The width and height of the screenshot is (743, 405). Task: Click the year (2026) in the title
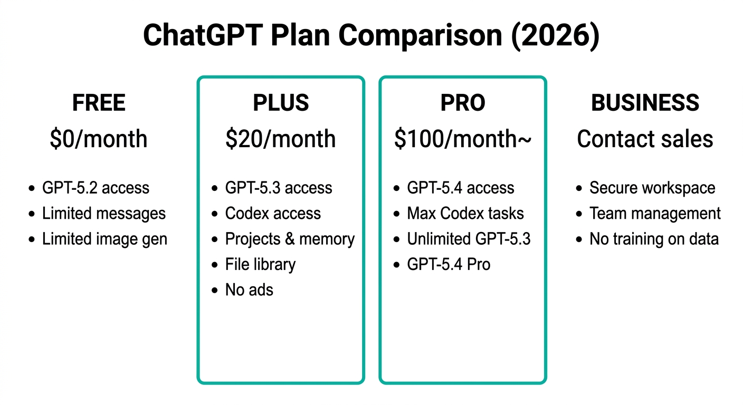click(555, 35)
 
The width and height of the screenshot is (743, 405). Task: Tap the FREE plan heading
click(99, 103)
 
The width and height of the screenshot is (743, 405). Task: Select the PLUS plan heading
click(281, 103)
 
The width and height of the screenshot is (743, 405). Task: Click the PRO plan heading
click(463, 103)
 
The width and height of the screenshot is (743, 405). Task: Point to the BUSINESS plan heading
click(645, 103)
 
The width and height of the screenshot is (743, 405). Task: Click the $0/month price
click(99, 139)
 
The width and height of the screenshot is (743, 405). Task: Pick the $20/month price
click(281, 139)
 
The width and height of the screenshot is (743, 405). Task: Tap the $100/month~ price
click(463, 139)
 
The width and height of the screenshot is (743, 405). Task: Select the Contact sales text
click(645, 139)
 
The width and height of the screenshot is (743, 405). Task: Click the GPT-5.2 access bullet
click(96, 188)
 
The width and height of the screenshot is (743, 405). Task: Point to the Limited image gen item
click(104, 239)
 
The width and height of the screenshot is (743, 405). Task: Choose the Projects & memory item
click(290, 239)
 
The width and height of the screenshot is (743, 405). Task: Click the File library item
click(260, 265)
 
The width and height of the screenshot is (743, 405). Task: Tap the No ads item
click(249, 290)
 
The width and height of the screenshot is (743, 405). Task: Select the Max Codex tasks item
click(465, 214)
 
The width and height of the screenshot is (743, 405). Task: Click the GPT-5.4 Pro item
click(449, 265)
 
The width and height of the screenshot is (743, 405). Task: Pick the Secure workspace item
click(652, 188)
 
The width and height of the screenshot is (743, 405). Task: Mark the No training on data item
click(654, 239)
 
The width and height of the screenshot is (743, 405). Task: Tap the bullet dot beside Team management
click(579, 214)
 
